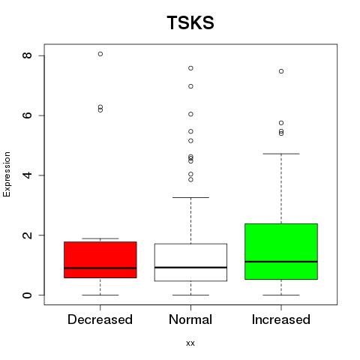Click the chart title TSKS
190,22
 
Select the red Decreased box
100,259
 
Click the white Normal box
190,262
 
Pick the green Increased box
281,251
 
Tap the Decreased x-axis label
100,319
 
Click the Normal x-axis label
190,319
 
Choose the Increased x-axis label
281,319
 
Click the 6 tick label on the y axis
27,115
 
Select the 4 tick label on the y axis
27,175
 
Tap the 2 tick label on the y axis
27,235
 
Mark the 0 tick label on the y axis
27,295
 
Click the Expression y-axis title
7,174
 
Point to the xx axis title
190,343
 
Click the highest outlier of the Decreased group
100,54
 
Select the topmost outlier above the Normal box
190,68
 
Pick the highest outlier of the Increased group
281,71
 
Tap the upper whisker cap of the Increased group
281,154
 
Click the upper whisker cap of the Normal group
190,197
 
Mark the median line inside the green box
281,262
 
